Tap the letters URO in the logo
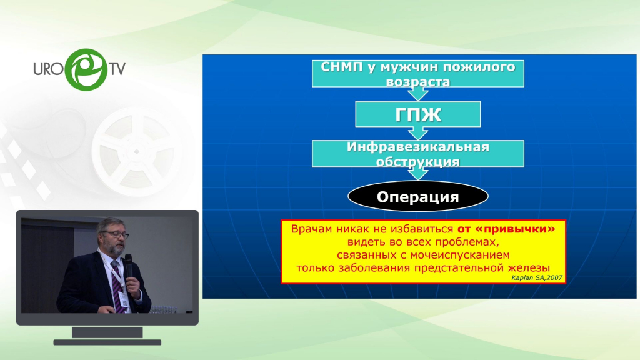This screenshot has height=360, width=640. click(x=49, y=69)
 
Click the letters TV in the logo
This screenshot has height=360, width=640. click(x=117, y=69)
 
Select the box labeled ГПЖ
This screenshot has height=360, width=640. click(x=418, y=114)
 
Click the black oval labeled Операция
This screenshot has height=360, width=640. click(x=418, y=197)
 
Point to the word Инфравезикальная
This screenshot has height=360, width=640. click(x=418, y=146)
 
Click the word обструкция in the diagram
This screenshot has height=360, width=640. click(x=418, y=162)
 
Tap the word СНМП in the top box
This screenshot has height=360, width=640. click(x=342, y=66)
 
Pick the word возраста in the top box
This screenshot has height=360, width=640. click(x=418, y=81)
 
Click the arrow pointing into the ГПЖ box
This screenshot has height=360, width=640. click(x=418, y=94)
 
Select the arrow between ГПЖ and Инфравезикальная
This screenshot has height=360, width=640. click(x=418, y=134)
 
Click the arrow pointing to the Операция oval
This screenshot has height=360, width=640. click(x=418, y=174)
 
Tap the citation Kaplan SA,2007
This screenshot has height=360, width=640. click(x=537, y=277)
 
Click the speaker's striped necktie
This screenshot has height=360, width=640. click(x=118, y=286)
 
